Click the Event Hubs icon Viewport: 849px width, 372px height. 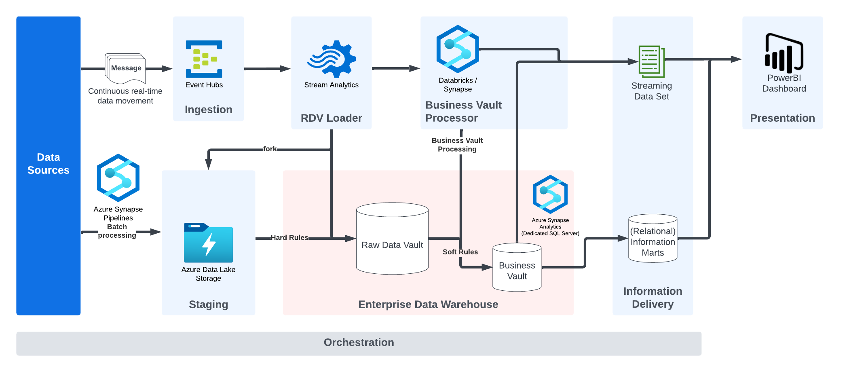(204, 59)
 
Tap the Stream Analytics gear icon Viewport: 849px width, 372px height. (332, 59)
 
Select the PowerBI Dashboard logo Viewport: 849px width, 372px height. (784, 53)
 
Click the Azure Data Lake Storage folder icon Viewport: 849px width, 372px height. (208, 243)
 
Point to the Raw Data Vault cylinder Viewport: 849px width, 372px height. (392, 239)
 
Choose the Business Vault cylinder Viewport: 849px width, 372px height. (517, 267)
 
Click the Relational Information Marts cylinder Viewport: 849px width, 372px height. (653, 239)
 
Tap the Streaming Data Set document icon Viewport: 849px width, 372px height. (652, 61)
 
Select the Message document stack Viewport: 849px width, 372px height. (125, 68)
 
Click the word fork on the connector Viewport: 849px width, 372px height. (270, 149)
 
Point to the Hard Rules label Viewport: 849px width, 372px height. (289, 237)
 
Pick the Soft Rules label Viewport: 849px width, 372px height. (460, 252)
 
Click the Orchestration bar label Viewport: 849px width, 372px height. (359, 342)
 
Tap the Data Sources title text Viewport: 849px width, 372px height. (49, 163)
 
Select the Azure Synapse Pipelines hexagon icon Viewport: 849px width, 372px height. (118, 178)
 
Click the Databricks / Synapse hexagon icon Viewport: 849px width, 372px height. (458, 49)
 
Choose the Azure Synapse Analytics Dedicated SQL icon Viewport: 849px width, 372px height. (550, 194)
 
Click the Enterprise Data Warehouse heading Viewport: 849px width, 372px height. (428, 304)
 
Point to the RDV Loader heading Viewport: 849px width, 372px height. (331, 118)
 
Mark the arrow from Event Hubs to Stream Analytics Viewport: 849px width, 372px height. (267, 69)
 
